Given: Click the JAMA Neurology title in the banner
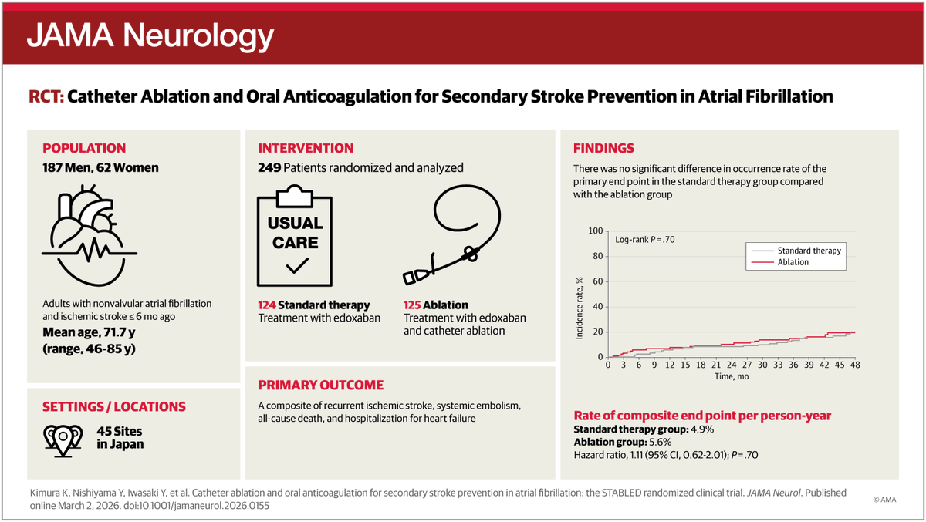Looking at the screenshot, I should pos(150,35).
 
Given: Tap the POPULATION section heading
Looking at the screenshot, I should pos(84,149).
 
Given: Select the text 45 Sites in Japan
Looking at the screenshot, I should pos(120,438).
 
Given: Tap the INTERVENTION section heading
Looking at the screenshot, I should pos(306,149).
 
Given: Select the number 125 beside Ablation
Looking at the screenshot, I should pos(412,305).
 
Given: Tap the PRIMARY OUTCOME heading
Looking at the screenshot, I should pos(320,386).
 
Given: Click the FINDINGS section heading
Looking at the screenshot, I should pos(603,149).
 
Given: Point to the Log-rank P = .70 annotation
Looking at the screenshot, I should pos(645,240).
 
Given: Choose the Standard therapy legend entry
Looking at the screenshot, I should pos(808,251).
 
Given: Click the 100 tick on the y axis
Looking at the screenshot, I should pos(594,231).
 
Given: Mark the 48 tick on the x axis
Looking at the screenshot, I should pos(854,365).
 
